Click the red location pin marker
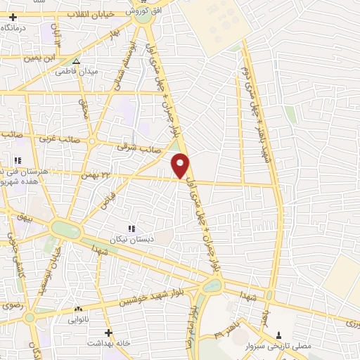click(x=181, y=165)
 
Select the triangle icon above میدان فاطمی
click(x=76, y=61)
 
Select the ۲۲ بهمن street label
click(x=98, y=175)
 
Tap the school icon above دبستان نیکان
click(x=130, y=228)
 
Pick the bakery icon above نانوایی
click(x=77, y=309)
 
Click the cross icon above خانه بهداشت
click(x=108, y=332)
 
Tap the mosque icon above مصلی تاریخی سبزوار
click(x=280, y=335)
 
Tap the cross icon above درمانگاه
click(x=13, y=16)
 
